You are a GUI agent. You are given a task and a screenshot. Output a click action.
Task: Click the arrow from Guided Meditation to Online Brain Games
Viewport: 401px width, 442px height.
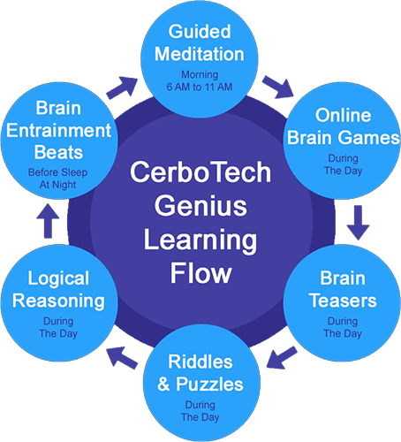pos(277,87)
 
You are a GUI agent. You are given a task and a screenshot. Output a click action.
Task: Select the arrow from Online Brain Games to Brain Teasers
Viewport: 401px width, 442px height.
pos(358,223)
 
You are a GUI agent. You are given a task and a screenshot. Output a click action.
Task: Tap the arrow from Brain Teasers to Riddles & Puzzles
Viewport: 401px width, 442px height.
pos(282,357)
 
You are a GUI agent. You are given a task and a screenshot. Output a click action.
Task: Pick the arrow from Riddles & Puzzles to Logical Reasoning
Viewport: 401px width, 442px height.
pos(122,358)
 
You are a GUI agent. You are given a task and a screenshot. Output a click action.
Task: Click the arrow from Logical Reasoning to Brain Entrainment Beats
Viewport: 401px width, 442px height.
pos(48,221)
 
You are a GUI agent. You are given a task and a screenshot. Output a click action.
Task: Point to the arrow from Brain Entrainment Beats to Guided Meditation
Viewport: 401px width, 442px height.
pos(122,88)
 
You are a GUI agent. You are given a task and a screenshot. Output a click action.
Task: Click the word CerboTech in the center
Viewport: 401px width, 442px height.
pos(200,172)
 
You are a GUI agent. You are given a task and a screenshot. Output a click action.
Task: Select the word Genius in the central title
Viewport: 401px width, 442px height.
pos(200,206)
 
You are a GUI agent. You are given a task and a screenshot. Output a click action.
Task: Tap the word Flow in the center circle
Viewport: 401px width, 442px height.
pos(201,273)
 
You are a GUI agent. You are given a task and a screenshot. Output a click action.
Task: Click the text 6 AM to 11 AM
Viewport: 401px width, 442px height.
pos(200,87)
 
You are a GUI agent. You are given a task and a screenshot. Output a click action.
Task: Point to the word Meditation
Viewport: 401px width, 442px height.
pos(200,54)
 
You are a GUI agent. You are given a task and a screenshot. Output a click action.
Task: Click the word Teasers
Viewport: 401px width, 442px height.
pos(343,301)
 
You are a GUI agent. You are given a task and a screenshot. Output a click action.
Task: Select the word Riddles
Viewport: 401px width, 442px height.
pos(200,362)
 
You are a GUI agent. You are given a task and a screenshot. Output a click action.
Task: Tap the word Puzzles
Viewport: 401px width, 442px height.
pos(209,384)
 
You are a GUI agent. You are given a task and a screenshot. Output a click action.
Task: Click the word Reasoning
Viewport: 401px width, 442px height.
pos(58,301)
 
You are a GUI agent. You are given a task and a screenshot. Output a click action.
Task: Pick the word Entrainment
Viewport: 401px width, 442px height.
pos(59,130)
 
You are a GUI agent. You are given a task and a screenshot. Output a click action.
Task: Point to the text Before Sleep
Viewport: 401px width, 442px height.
pos(57,172)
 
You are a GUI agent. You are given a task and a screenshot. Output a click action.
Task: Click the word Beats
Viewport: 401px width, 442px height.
pos(58,152)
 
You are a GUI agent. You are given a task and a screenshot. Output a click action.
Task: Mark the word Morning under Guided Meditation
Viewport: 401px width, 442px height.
pos(200,75)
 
